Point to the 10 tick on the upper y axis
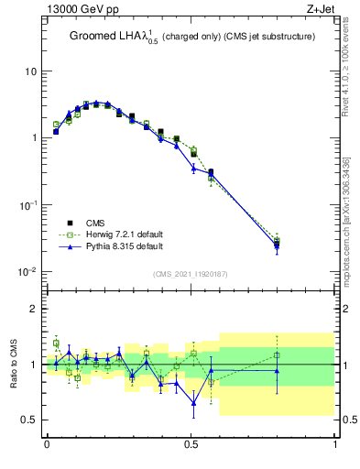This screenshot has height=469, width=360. tap(32, 71)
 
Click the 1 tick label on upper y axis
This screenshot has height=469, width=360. tap(35, 138)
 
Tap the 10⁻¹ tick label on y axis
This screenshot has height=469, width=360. tap(29, 205)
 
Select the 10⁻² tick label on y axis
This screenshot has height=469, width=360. tap(29, 272)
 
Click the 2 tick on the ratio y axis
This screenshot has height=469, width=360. tap(35, 309)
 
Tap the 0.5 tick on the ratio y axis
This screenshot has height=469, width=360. tap(29, 420)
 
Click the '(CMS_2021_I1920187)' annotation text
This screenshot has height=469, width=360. tap(191, 274)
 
